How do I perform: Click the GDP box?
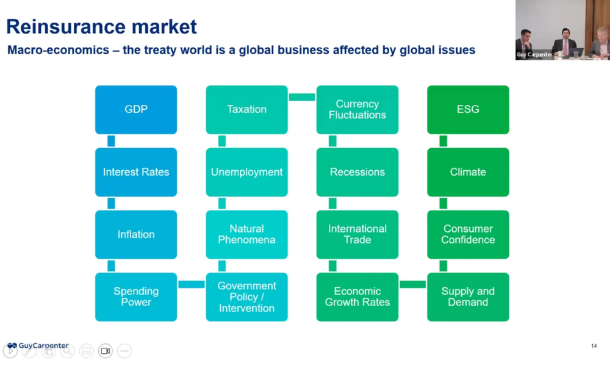point(136,110)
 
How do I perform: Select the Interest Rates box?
point(136,172)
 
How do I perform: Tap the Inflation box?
point(136,234)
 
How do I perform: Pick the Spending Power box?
point(136,296)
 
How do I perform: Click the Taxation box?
point(246,110)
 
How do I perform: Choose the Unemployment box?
point(246,172)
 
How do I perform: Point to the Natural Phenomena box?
point(246,234)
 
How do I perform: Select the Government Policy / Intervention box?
point(246,296)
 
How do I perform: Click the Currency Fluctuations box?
point(357,110)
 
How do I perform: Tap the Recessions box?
point(357,172)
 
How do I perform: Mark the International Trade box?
point(357,234)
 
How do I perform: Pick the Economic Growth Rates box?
point(357,296)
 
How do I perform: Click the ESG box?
point(468,110)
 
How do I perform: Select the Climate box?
point(468,172)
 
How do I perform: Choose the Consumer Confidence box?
point(468,234)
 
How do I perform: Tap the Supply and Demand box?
point(468,296)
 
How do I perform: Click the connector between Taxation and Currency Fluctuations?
point(302,97)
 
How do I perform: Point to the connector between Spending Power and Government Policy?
point(192,284)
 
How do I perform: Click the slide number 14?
point(594,346)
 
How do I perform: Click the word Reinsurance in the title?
point(53,27)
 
